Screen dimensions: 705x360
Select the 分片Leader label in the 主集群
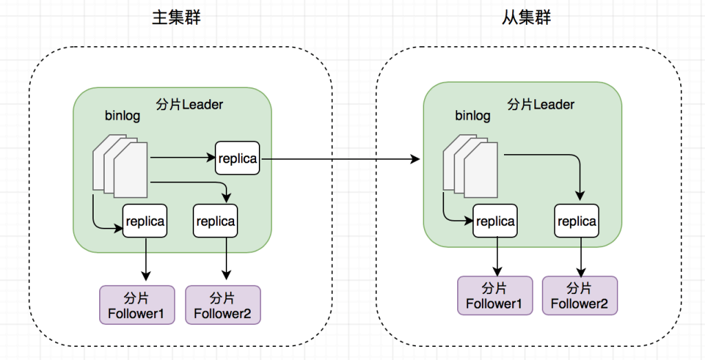click(189, 105)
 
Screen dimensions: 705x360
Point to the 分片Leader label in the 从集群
click(540, 105)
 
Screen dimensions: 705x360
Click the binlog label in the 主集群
click(123, 116)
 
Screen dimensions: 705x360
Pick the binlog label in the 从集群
click(472, 116)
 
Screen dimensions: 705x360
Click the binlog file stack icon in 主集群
click(120, 166)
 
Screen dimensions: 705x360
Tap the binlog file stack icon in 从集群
click(470, 166)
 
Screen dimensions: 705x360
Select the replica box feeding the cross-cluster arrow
click(238, 158)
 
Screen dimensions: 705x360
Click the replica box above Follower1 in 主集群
click(145, 221)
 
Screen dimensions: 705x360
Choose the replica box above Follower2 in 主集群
click(215, 221)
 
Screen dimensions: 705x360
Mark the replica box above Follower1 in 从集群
click(495, 221)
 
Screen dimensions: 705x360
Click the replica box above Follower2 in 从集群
click(577, 221)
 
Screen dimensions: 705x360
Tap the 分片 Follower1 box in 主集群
click(137, 305)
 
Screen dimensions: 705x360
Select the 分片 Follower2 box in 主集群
click(223, 305)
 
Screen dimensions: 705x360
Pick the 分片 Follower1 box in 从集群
click(495, 295)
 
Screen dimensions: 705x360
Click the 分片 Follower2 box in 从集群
click(580, 295)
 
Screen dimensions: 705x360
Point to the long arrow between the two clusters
click(340, 158)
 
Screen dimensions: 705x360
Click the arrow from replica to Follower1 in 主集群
click(145, 258)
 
